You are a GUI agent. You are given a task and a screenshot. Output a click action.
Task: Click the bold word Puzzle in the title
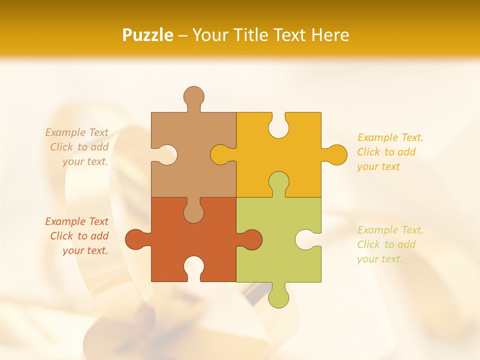point(147,35)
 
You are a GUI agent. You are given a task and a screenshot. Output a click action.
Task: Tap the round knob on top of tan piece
point(193,96)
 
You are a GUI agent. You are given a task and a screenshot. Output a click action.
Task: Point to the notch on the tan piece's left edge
point(165,154)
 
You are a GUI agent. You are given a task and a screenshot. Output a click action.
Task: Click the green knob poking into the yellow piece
point(278,182)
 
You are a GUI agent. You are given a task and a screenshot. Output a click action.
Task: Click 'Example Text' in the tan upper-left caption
point(76,132)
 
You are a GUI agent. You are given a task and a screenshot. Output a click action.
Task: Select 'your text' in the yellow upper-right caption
point(378,166)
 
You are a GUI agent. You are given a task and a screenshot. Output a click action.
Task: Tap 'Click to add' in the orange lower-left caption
point(79,236)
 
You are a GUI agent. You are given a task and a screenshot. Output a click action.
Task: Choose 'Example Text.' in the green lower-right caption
point(390,230)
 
